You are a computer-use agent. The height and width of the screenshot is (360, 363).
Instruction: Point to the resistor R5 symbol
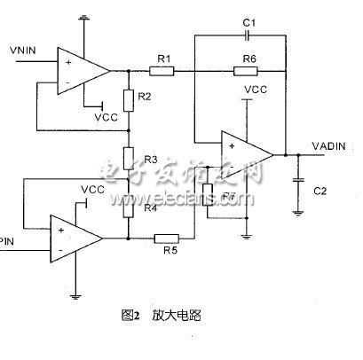click(166, 237)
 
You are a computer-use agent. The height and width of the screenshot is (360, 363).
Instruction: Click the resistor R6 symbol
click(246, 69)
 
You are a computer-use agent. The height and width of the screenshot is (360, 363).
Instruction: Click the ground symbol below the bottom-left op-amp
click(75, 299)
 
